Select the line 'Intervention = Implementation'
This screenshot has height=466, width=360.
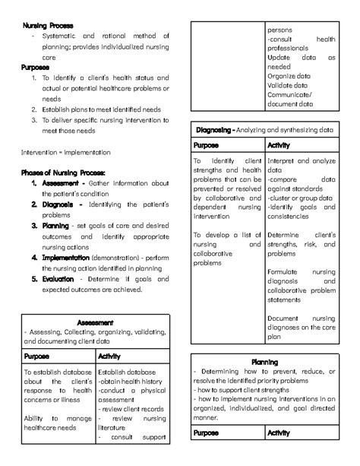pos(65,152)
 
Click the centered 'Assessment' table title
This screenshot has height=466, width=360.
pos(96,322)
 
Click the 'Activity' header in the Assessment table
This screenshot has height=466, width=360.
pos(111,356)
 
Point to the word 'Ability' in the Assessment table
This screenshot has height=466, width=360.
pos(35,418)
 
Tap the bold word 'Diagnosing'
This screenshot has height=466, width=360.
pos(213,130)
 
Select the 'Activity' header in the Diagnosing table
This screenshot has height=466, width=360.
pos(280,145)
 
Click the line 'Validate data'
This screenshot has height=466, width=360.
pos(289,87)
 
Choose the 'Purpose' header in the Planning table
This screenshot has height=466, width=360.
pos(207,433)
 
